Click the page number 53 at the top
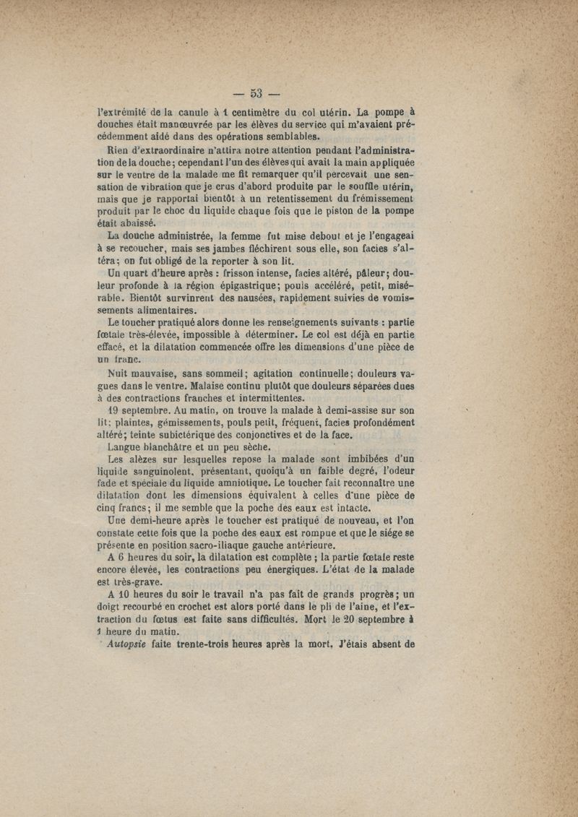coord(256,92)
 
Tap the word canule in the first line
coord(190,113)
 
